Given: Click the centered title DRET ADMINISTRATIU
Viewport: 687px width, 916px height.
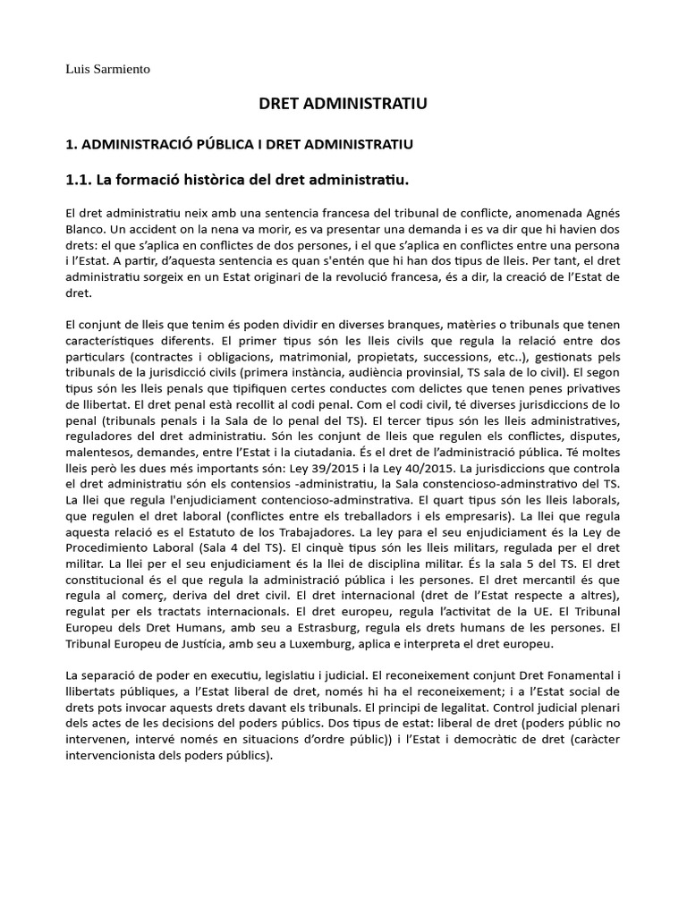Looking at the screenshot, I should click(343, 105).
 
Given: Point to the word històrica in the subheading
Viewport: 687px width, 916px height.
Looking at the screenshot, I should click(216, 181).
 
